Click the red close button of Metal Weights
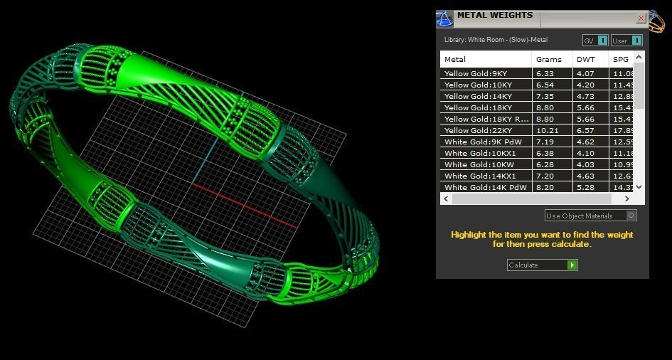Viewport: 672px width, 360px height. [x=641, y=18]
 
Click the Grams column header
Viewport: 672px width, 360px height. [x=548, y=59]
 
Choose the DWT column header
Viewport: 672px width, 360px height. [x=586, y=59]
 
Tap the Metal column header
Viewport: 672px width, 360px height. [x=455, y=59]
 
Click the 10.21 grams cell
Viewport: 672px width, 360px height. [x=545, y=130]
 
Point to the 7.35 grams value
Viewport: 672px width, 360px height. [x=544, y=96]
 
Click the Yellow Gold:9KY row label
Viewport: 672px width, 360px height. [x=476, y=73]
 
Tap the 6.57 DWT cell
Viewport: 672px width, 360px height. [x=586, y=130]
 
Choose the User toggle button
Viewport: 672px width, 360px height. [x=626, y=41]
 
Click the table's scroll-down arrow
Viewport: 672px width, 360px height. [x=639, y=186]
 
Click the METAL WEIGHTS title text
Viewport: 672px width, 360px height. [x=494, y=15]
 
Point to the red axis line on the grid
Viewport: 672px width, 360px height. [x=249, y=204]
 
